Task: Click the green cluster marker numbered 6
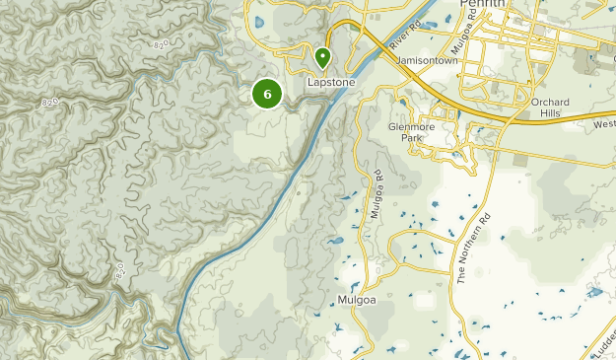(x=267, y=94)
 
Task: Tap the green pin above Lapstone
(x=322, y=58)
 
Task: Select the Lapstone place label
(x=331, y=83)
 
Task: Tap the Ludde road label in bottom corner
(x=600, y=336)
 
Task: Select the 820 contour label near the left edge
(x=52, y=101)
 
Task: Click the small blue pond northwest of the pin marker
(x=259, y=22)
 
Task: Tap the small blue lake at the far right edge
(x=594, y=292)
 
